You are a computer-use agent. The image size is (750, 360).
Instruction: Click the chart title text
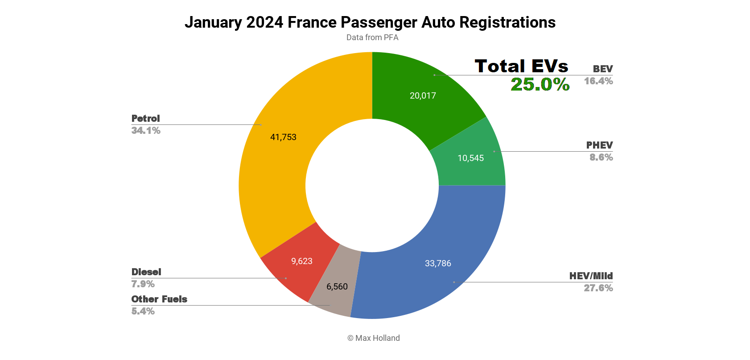coord(370,22)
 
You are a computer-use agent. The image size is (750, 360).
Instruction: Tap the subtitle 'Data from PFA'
coord(372,37)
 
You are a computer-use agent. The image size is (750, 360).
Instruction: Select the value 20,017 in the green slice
coord(423,95)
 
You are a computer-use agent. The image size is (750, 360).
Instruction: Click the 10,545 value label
coord(470,158)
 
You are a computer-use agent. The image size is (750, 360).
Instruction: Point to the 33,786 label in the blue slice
coord(438,263)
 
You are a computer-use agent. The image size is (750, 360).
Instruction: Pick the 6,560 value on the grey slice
coord(337,286)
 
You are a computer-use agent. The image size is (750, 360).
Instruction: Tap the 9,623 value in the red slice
coord(302,261)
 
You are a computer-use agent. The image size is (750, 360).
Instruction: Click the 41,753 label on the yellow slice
coord(283,137)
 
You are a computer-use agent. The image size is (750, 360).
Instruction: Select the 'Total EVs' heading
coord(521,66)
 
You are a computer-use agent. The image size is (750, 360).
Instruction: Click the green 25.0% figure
coord(540,84)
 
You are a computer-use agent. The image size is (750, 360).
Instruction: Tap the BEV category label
coord(602,69)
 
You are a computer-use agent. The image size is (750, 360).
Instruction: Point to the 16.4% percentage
coord(598,81)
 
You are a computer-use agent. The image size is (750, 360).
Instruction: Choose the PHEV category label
coord(599,145)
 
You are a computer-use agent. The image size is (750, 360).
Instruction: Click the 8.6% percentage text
coord(601,157)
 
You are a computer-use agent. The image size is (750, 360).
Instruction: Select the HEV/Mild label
coord(591,276)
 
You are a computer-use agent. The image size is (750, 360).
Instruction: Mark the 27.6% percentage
coord(598,288)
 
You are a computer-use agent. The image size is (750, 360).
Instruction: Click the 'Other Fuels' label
coord(159,299)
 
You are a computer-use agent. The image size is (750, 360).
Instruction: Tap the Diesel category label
coord(146,272)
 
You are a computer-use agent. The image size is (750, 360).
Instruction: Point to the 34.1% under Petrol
coord(146,130)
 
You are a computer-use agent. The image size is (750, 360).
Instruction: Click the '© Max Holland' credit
coord(374,338)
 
